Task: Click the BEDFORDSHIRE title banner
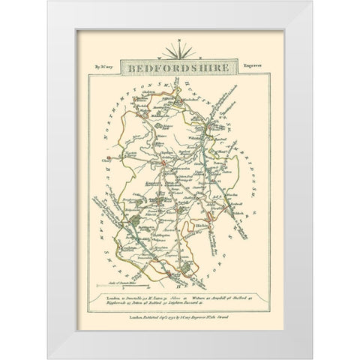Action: [180, 67]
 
